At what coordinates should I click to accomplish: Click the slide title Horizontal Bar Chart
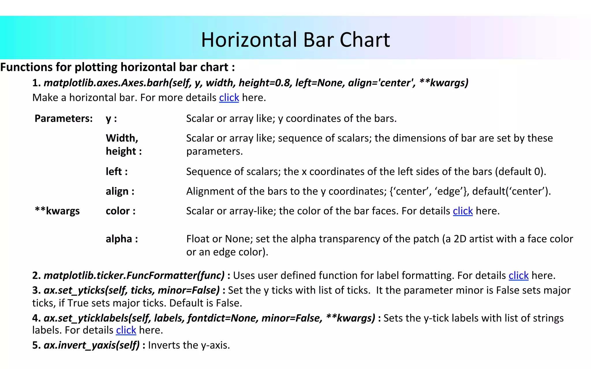click(x=295, y=40)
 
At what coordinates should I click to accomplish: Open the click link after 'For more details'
click(x=229, y=98)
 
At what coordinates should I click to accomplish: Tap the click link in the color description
click(x=463, y=211)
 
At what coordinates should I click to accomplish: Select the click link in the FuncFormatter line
click(x=518, y=276)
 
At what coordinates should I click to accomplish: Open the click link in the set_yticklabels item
click(x=126, y=330)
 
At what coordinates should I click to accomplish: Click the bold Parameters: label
click(x=63, y=118)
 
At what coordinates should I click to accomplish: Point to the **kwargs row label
click(x=57, y=211)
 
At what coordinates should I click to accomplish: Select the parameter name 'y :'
click(x=111, y=119)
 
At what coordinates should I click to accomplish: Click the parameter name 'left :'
click(x=117, y=172)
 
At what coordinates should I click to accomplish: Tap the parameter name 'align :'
click(x=120, y=191)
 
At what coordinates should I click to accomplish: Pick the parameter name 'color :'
click(x=121, y=211)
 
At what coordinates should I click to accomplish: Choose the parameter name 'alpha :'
click(x=122, y=239)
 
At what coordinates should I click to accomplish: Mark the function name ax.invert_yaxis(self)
click(x=91, y=345)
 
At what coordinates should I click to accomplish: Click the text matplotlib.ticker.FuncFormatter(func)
click(x=134, y=276)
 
